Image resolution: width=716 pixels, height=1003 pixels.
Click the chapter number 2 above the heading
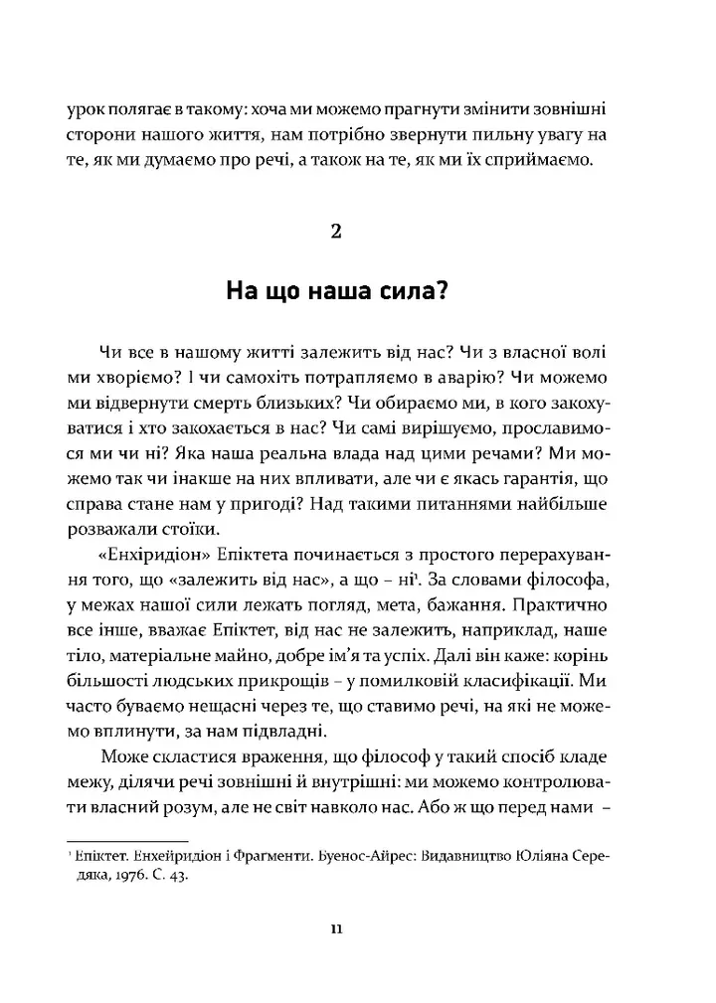pyautogui.click(x=335, y=233)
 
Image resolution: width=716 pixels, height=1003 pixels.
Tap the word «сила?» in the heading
pyautogui.click(x=410, y=291)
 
